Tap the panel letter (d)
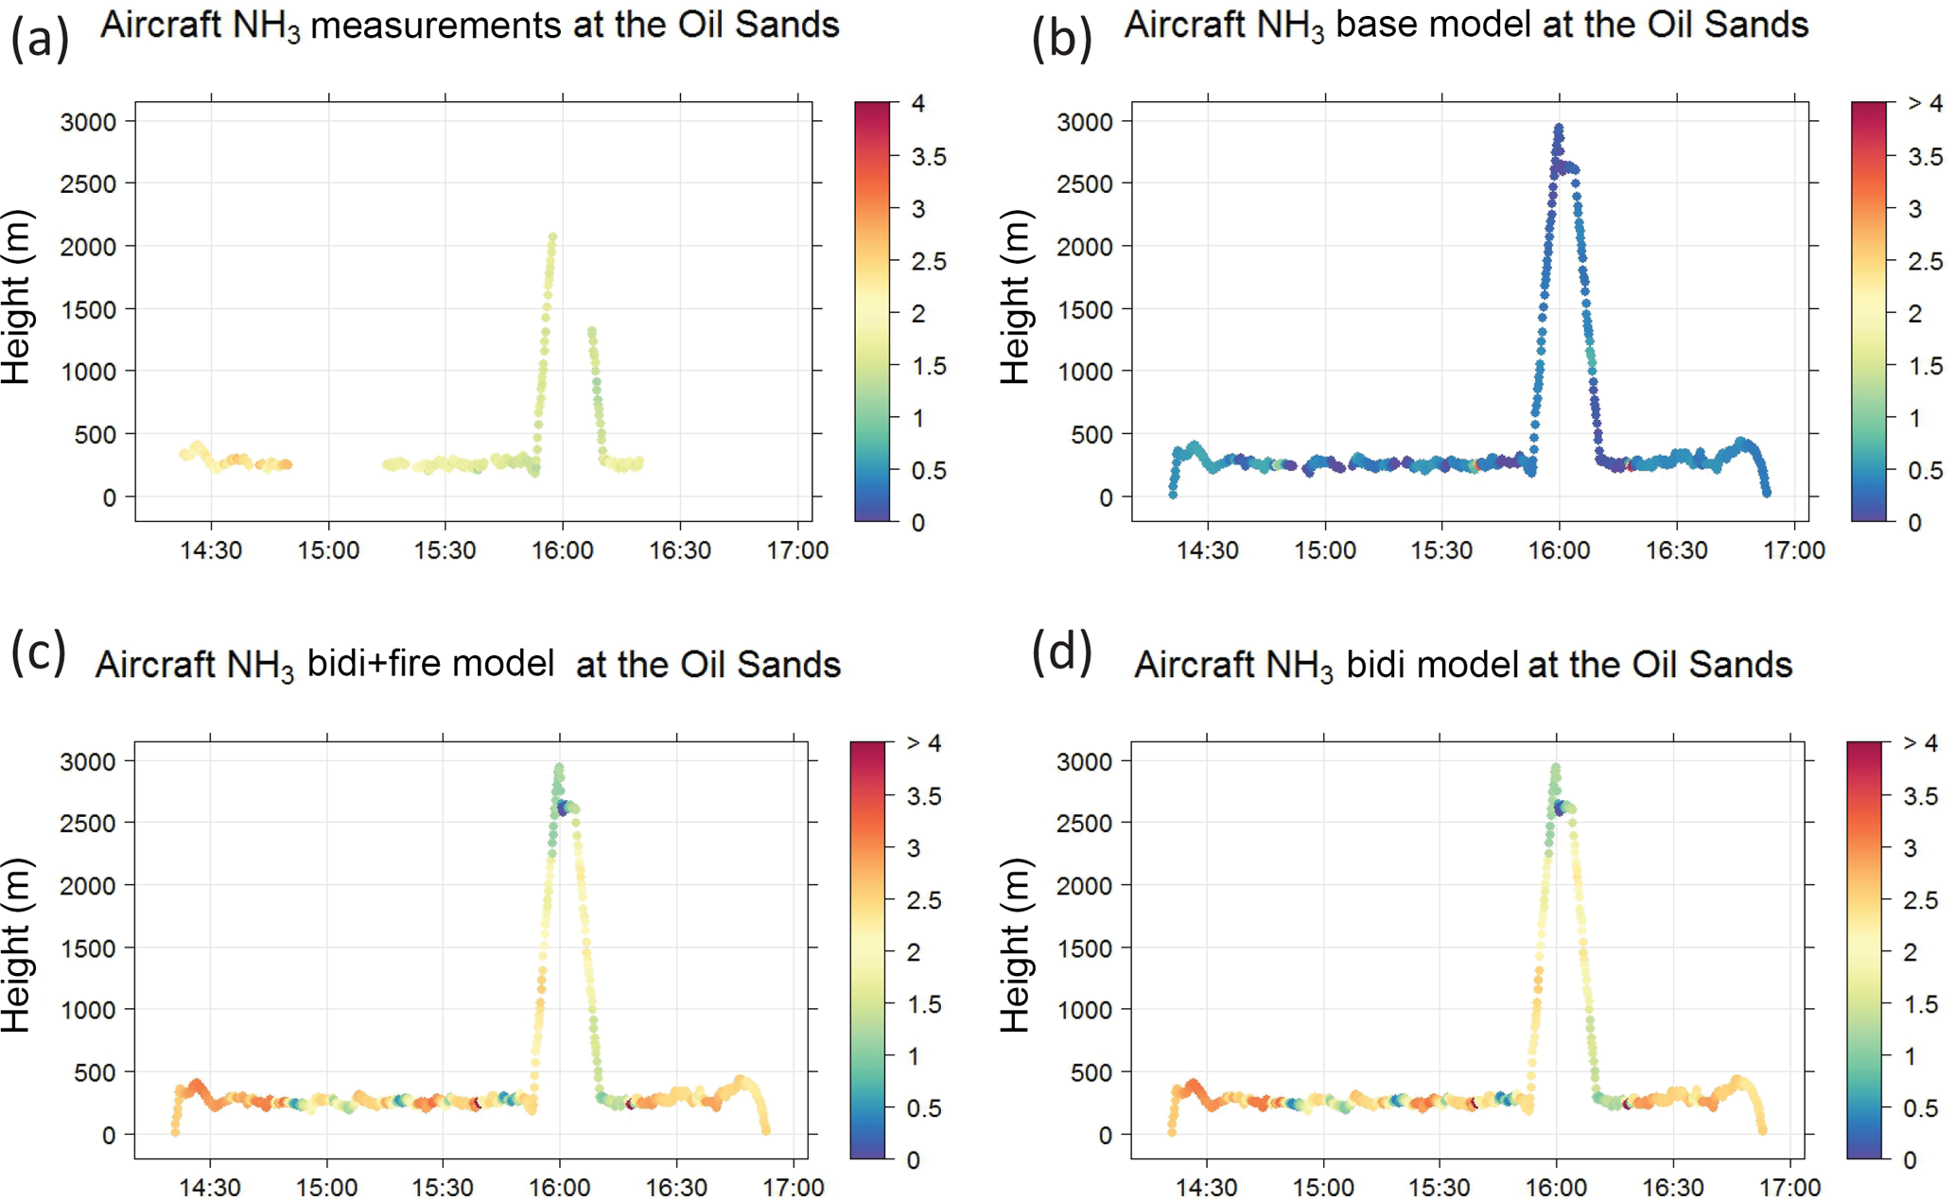pyautogui.click(x=1061, y=652)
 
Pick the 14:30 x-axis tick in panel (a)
pyautogui.click(x=211, y=550)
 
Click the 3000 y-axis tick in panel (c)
pyautogui.click(x=88, y=761)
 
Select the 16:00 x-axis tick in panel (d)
pyautogui.click(x=1557, y=1188)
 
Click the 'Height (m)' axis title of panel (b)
pyautogui.click(x=1015, y=297)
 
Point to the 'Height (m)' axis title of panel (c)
pyautogui.click(x=16, y=946)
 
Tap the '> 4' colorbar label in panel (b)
pyautogui.click(x=1924, y=103)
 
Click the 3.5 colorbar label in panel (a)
pyautogui.click(x=928, y=157)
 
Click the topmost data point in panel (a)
pyautogui.click(x=552, y=237)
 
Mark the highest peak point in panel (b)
pyautogui.click(x=1559, y=127)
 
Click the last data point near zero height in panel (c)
pyautogui.click(x=765, y=1130)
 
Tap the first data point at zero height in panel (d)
pyautogui.click(x=1172, y=1132)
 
